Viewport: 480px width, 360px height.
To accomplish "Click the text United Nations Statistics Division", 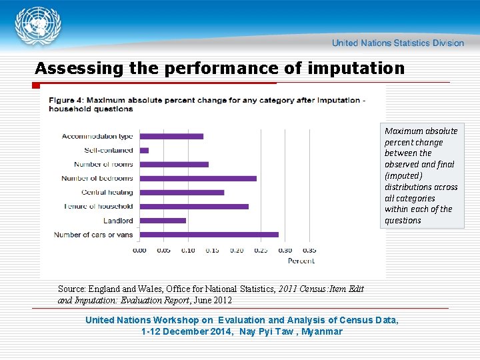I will [x=397, y=43].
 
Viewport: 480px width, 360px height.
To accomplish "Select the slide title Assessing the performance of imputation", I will [x=219, y=68].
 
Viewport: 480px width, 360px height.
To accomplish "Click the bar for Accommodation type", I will [x=171, y=136].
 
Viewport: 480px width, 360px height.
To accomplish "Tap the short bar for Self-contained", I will [x=144, y=150].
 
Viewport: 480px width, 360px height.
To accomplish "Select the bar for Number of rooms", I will [x=174, y=164].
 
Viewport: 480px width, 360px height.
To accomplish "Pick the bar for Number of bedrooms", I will [x=198, y=178].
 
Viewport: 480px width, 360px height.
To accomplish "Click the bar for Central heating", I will [x=182, y=192].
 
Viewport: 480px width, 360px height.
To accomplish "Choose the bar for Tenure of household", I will [x=194, y=206].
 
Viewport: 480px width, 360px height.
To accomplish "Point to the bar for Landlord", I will [x=163, y=220].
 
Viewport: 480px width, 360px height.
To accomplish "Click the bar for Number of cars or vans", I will [x=209, y=234].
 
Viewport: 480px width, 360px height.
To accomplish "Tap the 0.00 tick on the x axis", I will [x=139, y=251].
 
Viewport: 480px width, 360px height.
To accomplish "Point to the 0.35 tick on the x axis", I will [x=309, y=251].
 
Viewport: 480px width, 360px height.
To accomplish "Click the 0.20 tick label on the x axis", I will [x=237, y=251].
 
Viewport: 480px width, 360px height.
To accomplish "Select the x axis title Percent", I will [x=301, y=261].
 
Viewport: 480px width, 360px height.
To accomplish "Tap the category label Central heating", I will [x=107, y=192].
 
